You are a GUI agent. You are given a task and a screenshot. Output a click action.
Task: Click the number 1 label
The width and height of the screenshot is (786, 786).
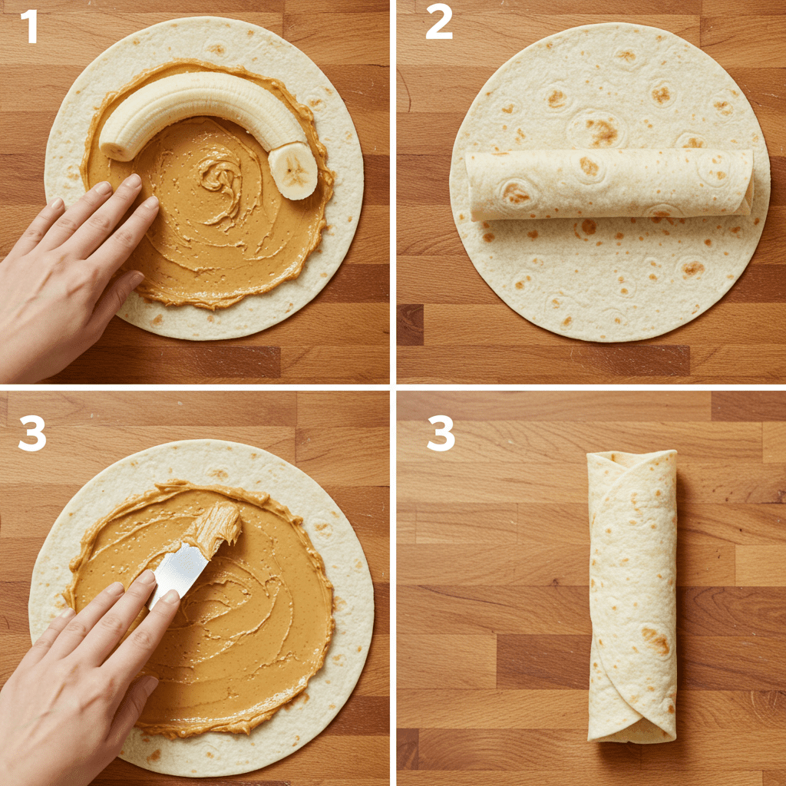pos(29,27)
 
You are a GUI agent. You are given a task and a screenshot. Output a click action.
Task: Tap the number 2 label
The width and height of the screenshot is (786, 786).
pos(438,25)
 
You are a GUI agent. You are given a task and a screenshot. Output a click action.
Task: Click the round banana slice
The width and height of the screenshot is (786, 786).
pos(292,170)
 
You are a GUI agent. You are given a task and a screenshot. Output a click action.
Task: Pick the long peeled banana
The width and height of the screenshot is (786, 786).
pos(203,113)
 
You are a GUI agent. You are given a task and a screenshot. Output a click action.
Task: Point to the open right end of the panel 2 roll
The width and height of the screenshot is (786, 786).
pos(748,181)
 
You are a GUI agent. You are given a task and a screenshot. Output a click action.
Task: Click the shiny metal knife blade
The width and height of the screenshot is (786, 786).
pos(180,570)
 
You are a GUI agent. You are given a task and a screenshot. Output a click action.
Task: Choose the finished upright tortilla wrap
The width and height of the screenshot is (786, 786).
pos(632,596)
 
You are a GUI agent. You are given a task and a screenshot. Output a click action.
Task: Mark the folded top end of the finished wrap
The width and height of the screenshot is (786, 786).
pos(632,461)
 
